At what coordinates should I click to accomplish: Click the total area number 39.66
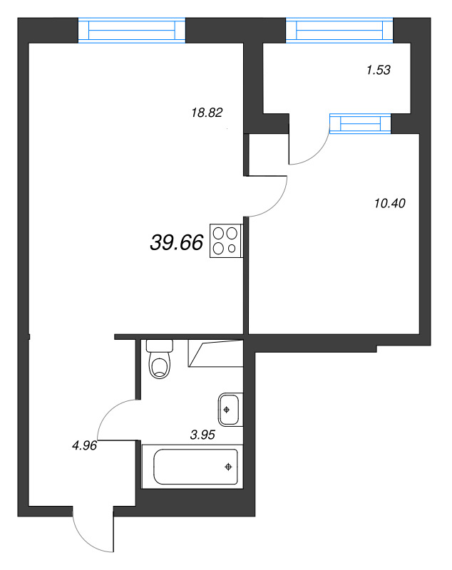(x=177, y=243)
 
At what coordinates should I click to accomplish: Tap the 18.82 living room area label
(x=207, y=112)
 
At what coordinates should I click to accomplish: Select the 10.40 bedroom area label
(x=389, y=203)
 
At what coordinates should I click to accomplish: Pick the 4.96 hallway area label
(x=84, y=447)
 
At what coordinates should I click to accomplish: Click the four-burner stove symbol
(x=226, y=241)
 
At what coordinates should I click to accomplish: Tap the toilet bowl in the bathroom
(x=160, y=367)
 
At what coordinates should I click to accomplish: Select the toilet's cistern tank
(x=160, y=346)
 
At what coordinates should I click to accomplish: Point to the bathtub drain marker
(x=228, y=467)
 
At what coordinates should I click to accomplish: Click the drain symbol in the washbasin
(x=227, y=410)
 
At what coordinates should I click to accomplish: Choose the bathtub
(x=190, y=467)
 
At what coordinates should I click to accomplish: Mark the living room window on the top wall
(x=131, y=31)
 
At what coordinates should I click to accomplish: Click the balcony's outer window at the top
(x=339, y=31)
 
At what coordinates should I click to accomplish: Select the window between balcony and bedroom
(x=361, y=123)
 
